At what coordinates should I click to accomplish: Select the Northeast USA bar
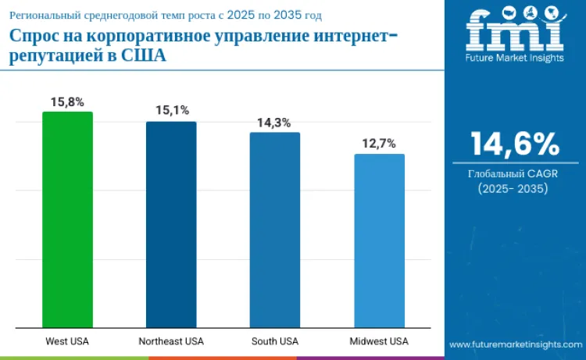pyautogui.click(x=171, y=225)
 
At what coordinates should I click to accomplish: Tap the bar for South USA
pyautogui.click(x=275, y=230)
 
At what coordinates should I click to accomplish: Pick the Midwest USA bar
pyautogui.click(x=379, y=241)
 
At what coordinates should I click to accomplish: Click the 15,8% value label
pyautogui.click(x=67, y=102)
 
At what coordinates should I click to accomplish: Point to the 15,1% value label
pyautogui.click(x=172, y=111)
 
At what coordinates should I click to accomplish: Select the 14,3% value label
pyautogui.click(x=275, y=123)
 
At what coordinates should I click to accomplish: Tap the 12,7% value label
pyautogui.click(x=379, y=144)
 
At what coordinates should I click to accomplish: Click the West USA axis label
pyautogui.click(x=67, y=341)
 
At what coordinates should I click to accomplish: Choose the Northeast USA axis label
pyautogui.click(x=171, y=341)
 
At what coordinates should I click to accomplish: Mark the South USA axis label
pyautogui.click(x=275, y=341)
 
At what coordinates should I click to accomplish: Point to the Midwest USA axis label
pyautogui.click(x=379, y=341)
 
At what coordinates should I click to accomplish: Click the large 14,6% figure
pyautogui.click(x=514, y=144)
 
